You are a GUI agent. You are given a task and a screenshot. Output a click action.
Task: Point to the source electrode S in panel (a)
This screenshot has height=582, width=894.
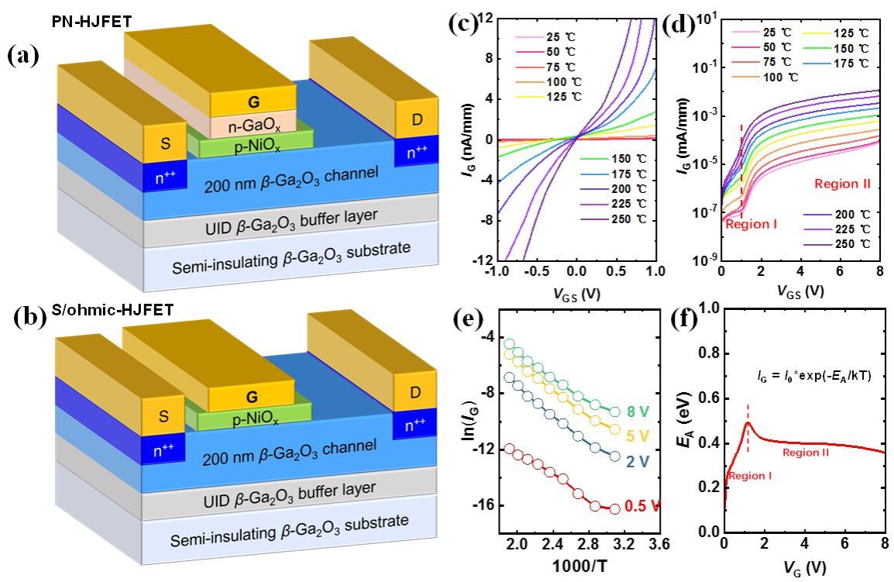coord(164,145)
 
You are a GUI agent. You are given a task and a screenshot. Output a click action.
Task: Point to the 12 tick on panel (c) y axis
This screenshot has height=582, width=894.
coord(487,16)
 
